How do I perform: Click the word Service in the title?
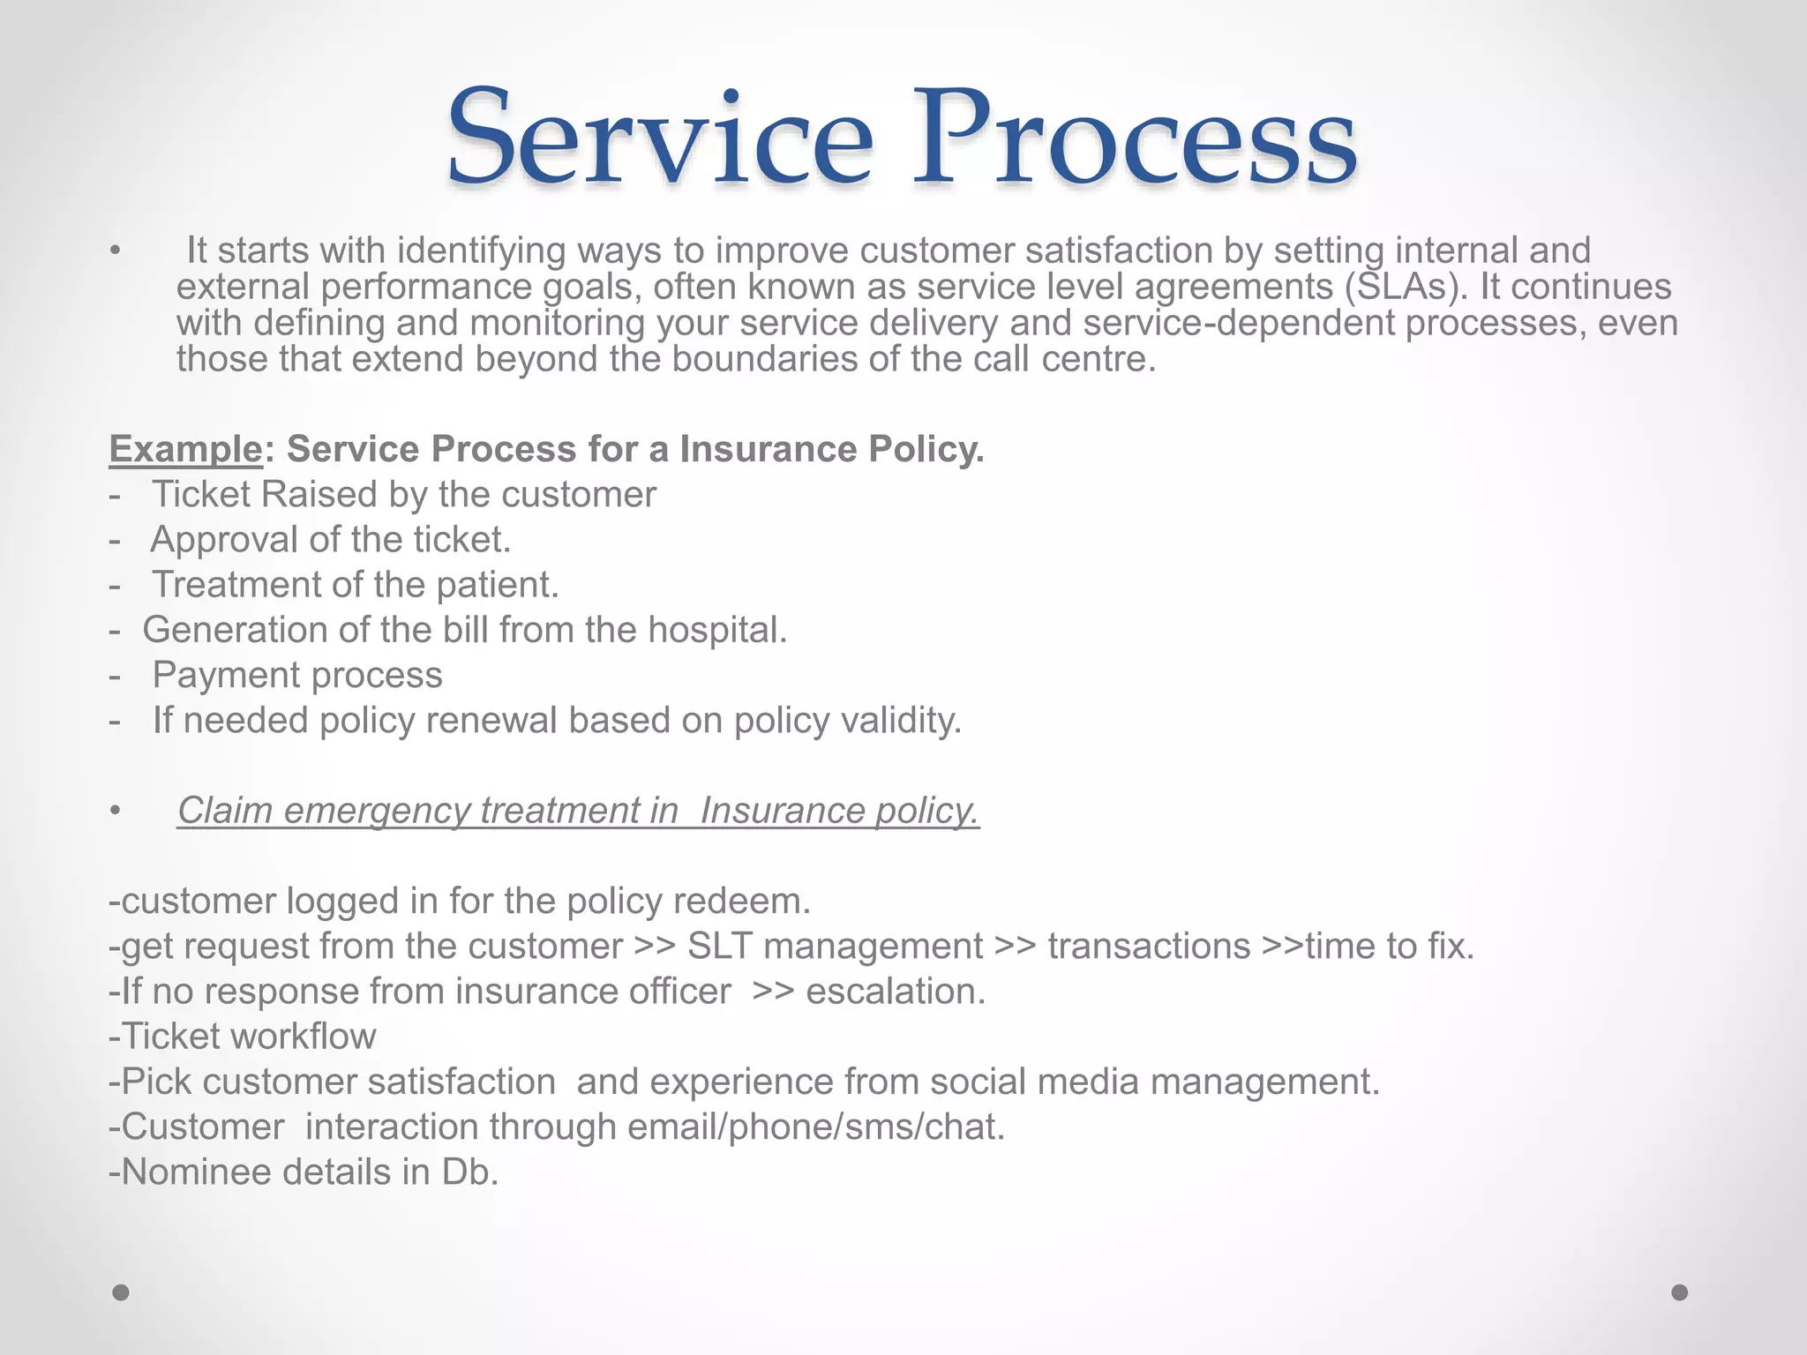coord(660,139)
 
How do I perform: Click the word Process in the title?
coord(1135,139)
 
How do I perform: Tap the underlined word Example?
coord(185,450)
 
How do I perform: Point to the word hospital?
coord(716,630)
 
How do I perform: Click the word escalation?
coord(896,992)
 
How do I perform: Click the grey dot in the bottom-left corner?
coord(121,1293)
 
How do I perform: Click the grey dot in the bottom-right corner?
coord(1680,1293)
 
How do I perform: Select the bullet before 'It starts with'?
coord(115,252)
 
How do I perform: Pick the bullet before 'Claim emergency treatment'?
coord(115,811)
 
